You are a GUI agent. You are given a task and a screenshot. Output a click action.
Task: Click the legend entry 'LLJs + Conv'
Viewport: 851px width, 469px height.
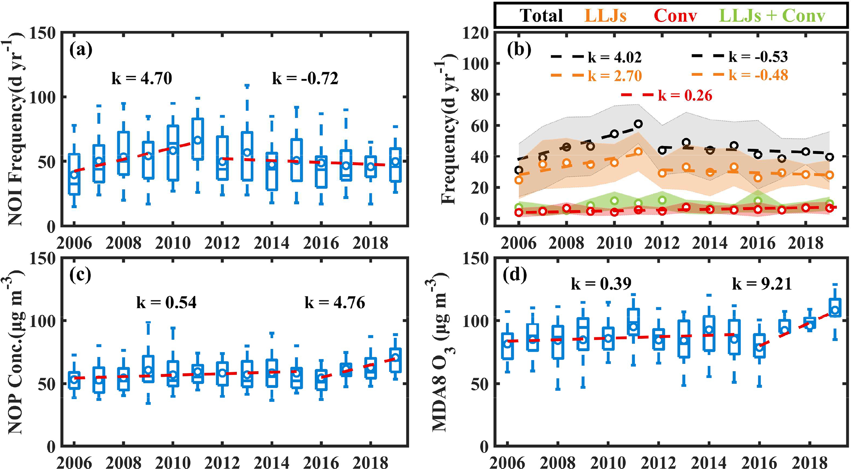click(x=769, y=16)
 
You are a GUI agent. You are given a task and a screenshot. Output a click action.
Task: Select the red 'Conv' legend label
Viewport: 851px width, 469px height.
click(x=675, y=16)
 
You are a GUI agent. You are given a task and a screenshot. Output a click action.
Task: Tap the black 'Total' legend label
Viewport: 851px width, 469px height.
click(x=541, y=16)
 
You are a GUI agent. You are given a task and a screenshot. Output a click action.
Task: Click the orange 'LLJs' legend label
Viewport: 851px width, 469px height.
click(x=605, y=16)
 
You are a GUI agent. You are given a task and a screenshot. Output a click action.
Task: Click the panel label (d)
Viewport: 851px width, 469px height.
click(x=515, y=274)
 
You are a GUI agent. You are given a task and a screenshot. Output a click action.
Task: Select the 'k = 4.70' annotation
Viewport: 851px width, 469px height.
click(x=142, y=78)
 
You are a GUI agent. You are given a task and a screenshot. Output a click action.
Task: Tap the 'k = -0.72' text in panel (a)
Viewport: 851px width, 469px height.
click(x=305, y=78)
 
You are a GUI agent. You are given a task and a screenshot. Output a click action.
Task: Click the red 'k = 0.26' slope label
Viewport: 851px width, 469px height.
click(x=685, y=95)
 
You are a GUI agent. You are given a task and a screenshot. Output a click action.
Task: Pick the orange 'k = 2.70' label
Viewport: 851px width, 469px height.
click(x=615, y=76)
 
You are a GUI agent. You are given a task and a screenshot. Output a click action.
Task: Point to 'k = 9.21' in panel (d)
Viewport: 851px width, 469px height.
click(x=762, y=284)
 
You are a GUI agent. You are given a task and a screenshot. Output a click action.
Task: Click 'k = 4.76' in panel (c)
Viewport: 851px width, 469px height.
click(x=335, y=303)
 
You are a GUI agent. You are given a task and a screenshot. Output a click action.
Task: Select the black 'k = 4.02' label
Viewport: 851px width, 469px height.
click(x=615, y=57)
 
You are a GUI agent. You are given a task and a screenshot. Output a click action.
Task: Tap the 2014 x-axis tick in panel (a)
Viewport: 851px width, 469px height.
click(x=272, y=243)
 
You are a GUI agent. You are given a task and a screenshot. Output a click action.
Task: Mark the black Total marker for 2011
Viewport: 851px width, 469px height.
click(x=638, y=124)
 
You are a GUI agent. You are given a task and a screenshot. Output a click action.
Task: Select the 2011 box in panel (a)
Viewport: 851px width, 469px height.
click(x=198, y=139)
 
